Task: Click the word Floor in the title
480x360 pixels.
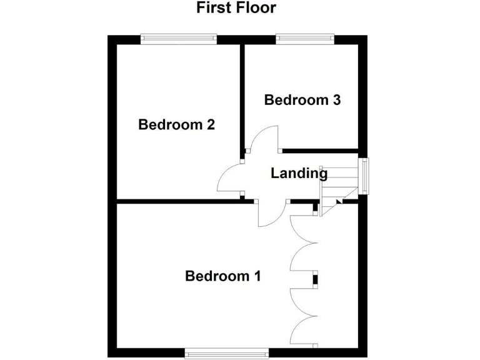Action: (x=254, y=8)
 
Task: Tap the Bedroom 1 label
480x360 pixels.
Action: (x=222, y=276)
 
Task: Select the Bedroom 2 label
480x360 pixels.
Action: (x=176, y=124)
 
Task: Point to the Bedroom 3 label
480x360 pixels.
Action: (x=302, y=100)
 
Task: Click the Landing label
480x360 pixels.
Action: (x=299, y=174)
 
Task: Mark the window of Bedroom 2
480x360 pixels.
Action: (x=179, y=39)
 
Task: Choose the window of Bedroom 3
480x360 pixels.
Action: (x=304, y=39)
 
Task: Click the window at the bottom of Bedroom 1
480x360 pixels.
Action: (x=227, y=354)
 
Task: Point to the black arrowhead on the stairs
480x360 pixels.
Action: (x=339, y=201)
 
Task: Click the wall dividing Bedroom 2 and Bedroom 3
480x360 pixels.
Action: (x=242, y=100)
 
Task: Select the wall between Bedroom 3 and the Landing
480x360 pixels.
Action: (x=319, y=151)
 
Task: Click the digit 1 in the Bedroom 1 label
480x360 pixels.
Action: (x=256, y=276)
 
